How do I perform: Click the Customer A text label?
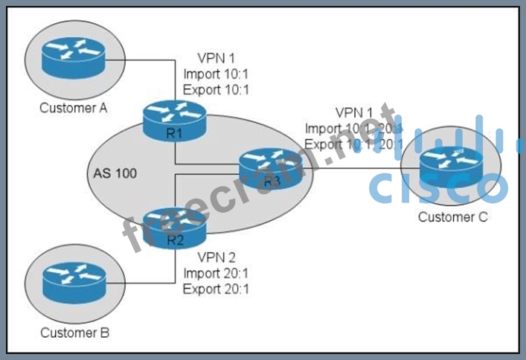coord(74,108)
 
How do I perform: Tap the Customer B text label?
coord(74,332)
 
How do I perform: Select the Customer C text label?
coord(452,217)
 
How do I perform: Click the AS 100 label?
coord(115,173)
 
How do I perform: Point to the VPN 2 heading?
coord(217,258)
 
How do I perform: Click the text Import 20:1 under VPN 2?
coord(216,274)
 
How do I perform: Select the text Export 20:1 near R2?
coord(216,289)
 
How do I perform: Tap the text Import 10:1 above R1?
coord(216,74)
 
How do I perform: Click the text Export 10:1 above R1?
coord(216,89)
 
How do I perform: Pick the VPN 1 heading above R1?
coord(216,58)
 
